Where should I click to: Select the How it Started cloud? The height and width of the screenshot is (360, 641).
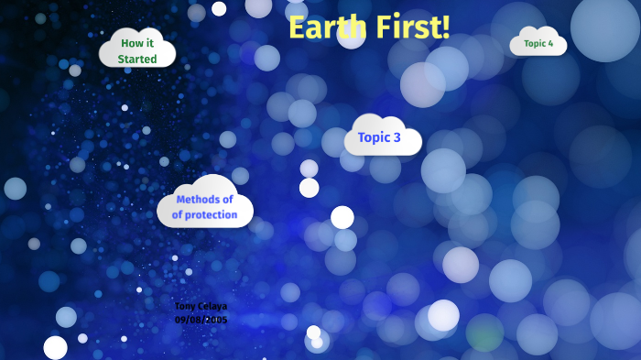137,50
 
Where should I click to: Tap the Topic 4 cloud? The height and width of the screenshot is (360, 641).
538,43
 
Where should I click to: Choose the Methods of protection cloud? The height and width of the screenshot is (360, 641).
205,206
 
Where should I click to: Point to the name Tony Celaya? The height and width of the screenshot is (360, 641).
201,306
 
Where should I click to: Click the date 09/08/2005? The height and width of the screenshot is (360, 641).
201,320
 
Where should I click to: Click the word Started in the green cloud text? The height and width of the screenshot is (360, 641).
137,60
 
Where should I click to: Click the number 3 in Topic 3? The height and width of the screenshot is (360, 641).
397,138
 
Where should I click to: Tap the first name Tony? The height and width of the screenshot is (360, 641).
185,306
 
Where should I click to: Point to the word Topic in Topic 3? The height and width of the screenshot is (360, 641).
374,138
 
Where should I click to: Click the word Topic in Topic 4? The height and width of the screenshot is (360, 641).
535,43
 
